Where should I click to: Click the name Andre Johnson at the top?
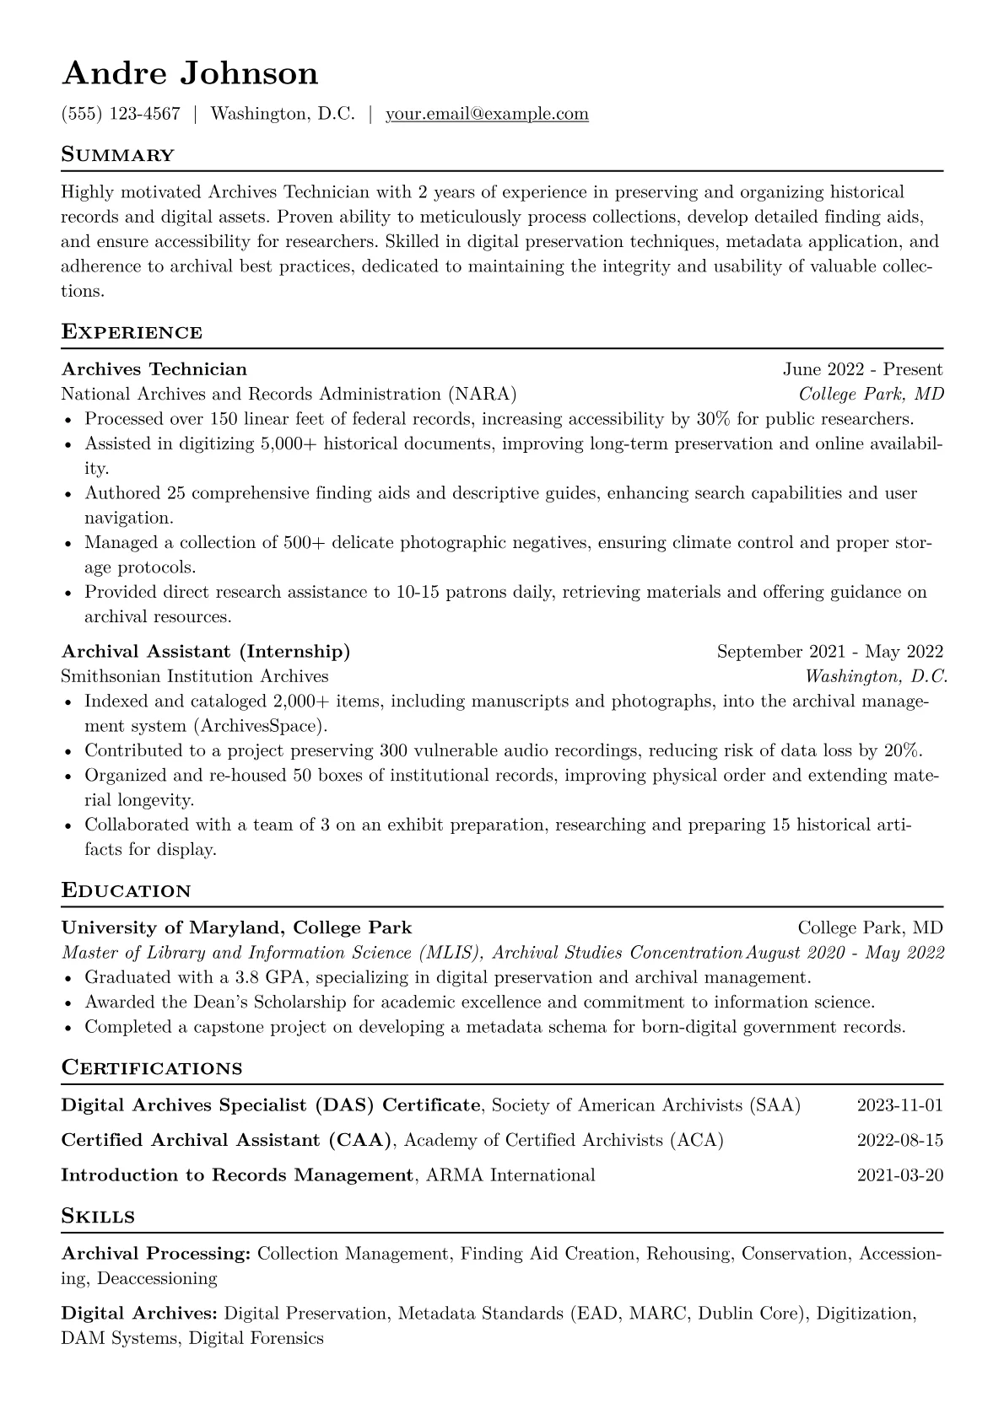coord(190,74)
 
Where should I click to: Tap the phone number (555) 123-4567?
coord(121,114)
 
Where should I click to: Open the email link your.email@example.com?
coord(487,114)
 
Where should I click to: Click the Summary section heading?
coord(117,155)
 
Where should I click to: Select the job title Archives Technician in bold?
coord(154,369)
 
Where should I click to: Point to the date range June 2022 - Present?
coord(862,369)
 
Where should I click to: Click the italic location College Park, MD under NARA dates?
coord(871,395)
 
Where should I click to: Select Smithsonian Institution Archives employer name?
coord(195,676)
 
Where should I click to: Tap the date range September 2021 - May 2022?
coord(829,652)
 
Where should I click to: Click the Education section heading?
coord(127,891)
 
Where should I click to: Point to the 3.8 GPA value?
coord(272,978)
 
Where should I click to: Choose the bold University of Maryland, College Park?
coord(236,928)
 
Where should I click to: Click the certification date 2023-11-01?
coord(899,1105)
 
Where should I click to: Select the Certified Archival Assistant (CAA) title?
coord(227,1141)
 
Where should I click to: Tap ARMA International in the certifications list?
coord(511,1175)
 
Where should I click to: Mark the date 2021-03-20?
coord(899,1175)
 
